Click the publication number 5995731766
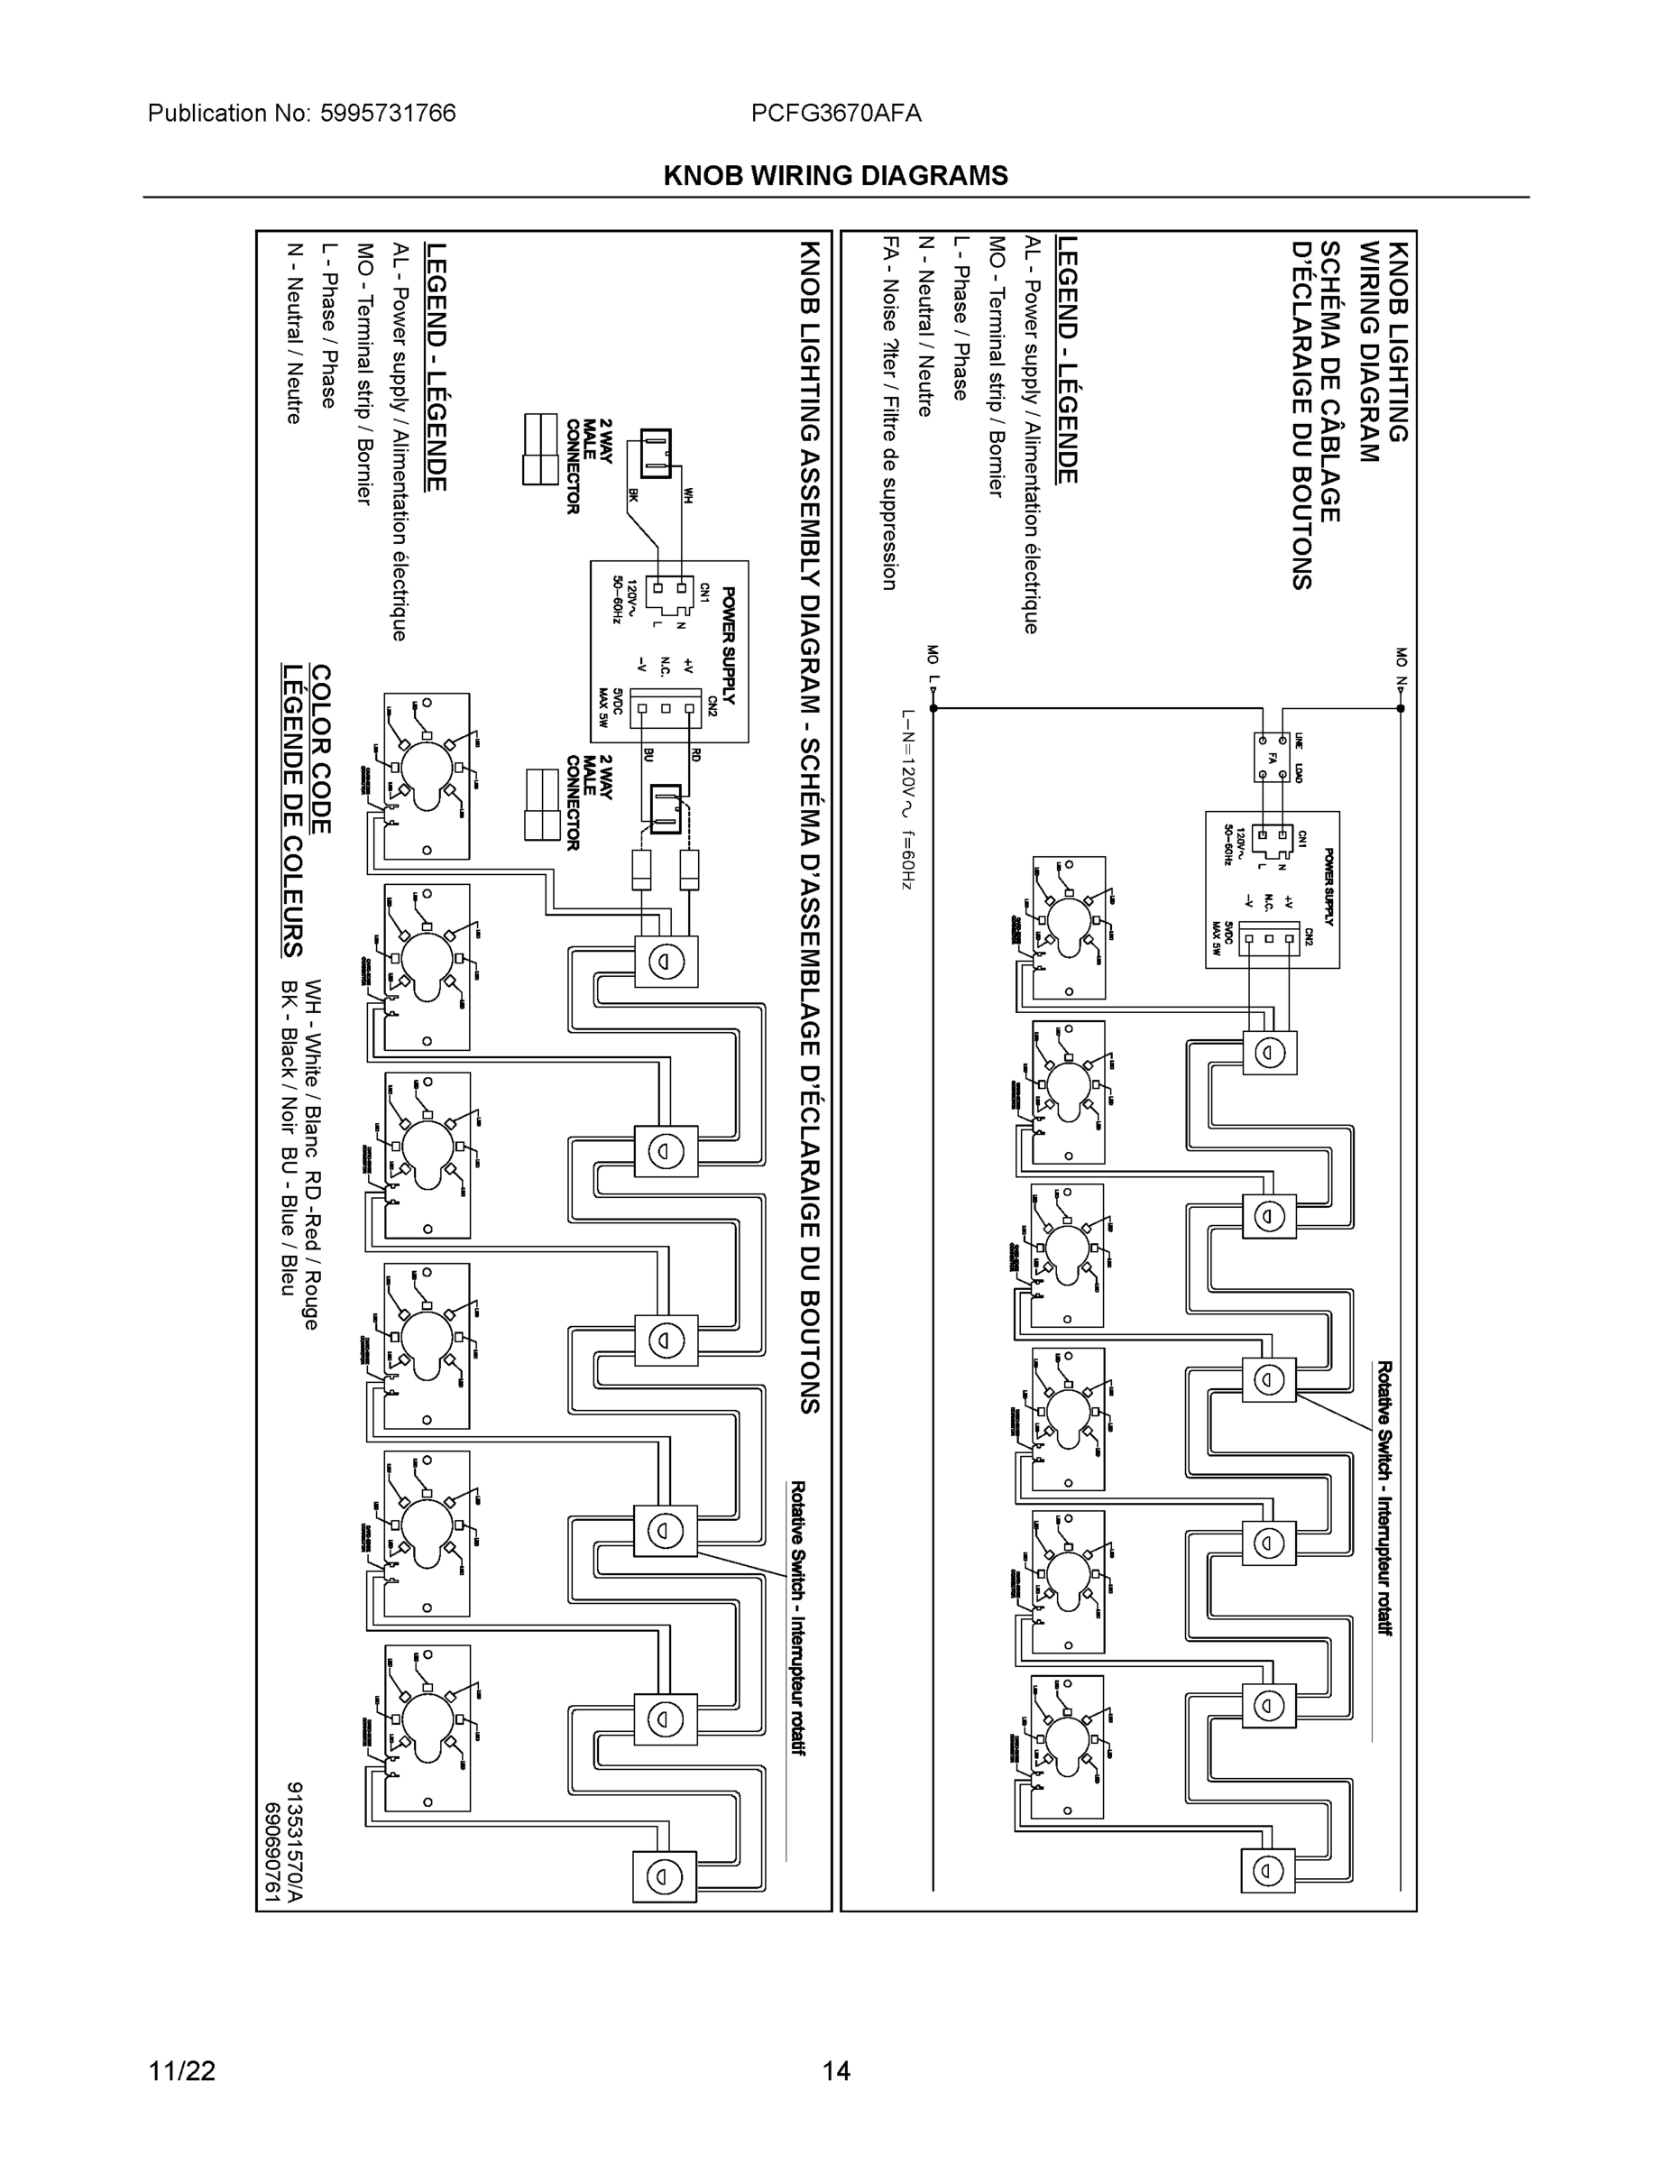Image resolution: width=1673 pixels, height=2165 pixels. [x=388, y=113]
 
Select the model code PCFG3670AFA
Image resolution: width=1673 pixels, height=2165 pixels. [x=835, y=113]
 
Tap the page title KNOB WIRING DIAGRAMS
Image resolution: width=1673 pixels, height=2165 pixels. [x=835, y=176]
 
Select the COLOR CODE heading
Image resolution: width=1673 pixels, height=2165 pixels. [x=320, y=749]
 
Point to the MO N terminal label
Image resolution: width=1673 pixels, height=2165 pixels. [x=1401, y=668]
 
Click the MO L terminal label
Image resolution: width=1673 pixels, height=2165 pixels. [x=932, y=666]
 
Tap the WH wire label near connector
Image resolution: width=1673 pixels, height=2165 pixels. [x=688, y=493]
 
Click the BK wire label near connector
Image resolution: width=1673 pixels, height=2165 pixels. [x=631, y=493]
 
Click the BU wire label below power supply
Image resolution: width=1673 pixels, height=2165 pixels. [x=648, y=754]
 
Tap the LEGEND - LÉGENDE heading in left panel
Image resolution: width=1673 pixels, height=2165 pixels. [x=437, y=367]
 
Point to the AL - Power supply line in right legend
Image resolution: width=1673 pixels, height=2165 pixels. [x=1030, y=434]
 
